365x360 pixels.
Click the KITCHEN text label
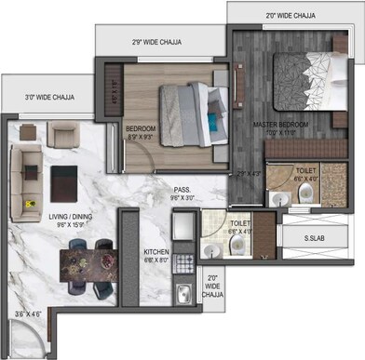click(x=155, y=252)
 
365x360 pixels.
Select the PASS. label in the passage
click(x=181, y=189)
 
